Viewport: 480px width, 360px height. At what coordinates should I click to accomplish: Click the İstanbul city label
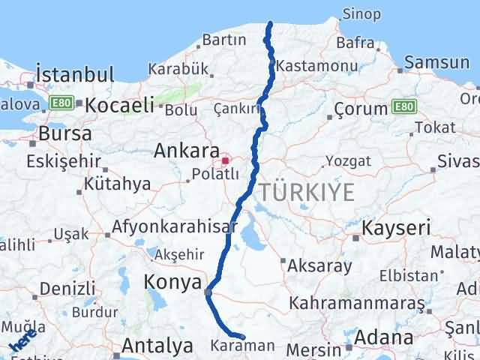point(76,74)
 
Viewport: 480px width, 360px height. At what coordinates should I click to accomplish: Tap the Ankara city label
point(186,151)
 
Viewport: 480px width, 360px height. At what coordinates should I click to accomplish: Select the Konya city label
point(172,283)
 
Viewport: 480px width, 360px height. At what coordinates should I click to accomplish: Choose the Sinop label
point(361,14)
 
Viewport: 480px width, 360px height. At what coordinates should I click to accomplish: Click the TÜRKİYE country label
point(307,192)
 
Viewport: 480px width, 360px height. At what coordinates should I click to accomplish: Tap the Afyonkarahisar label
point(169,226)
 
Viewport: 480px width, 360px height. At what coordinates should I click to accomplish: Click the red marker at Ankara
point(225,160)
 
